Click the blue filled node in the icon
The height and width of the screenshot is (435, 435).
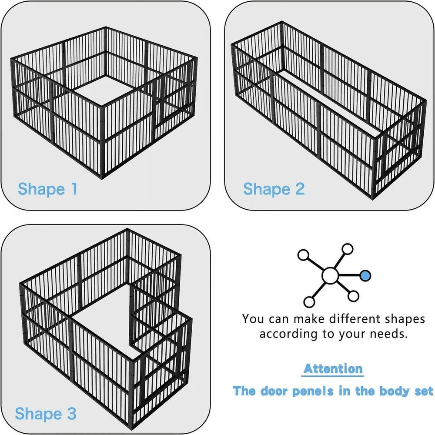coord(365,275)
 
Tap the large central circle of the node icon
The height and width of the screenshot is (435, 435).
coord(330,275)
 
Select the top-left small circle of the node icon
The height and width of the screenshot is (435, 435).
coord(303,255)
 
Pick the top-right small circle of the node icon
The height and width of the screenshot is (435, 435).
coord(347,249)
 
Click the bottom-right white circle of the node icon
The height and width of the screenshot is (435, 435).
coord(354,296)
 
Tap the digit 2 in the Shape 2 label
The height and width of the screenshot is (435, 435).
coord(299,189)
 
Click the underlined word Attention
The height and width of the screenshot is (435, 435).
coord(333,369)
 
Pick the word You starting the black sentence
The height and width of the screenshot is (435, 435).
coord(253,319)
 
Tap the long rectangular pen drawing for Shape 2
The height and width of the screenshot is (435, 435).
coord(328,109)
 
